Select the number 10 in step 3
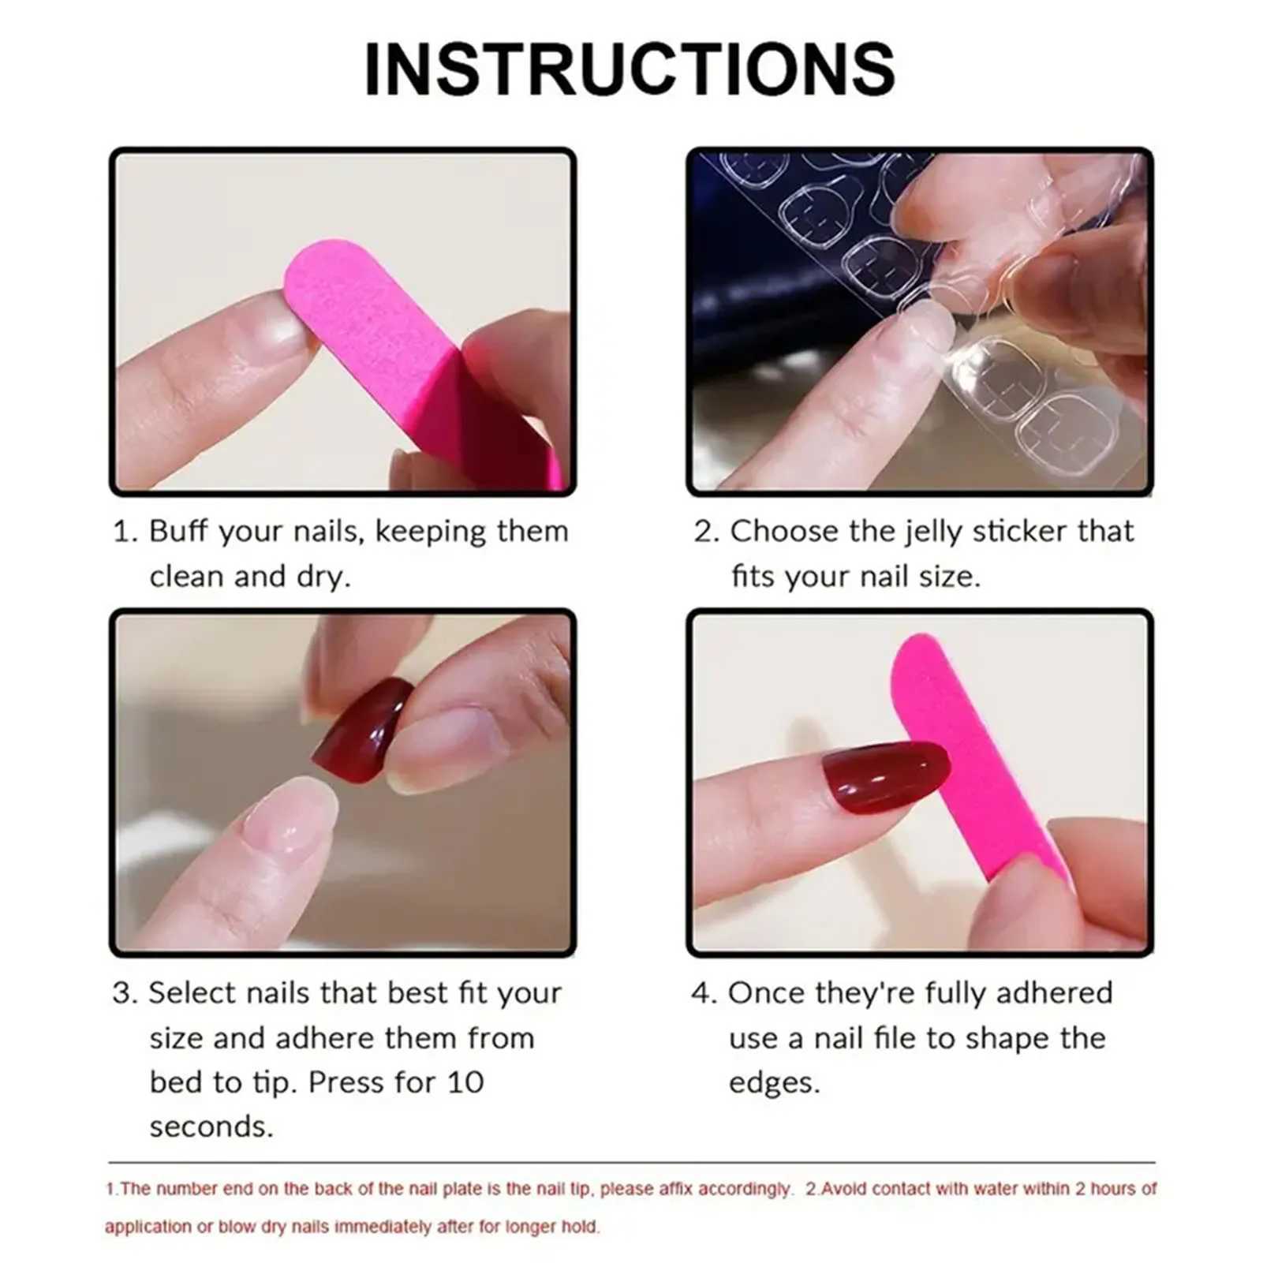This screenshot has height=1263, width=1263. [x=465, y=1082]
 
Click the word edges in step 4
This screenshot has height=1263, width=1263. [x=773, y=1083]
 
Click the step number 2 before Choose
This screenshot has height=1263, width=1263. [x=704, y=532]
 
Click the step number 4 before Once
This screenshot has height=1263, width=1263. [x=701, y=993]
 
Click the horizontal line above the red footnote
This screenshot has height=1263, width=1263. [x=631, y=1162]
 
